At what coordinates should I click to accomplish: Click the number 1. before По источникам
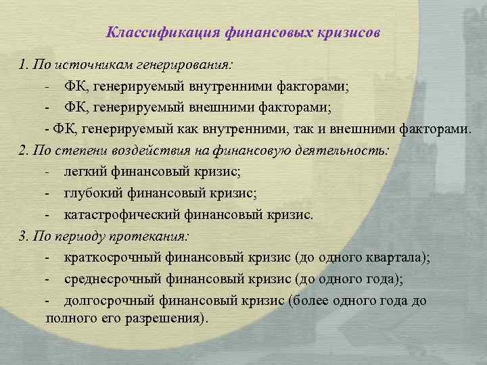click(x=24, y=65)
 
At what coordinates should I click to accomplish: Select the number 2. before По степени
click(x=24, y=151)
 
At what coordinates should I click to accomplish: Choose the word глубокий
click(x=90, y=194)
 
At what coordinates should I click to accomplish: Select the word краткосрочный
click(x=105, y=258)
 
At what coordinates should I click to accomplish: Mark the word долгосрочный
click(x=102, y=301)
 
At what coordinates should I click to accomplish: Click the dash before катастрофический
click(x=48, y=216)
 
